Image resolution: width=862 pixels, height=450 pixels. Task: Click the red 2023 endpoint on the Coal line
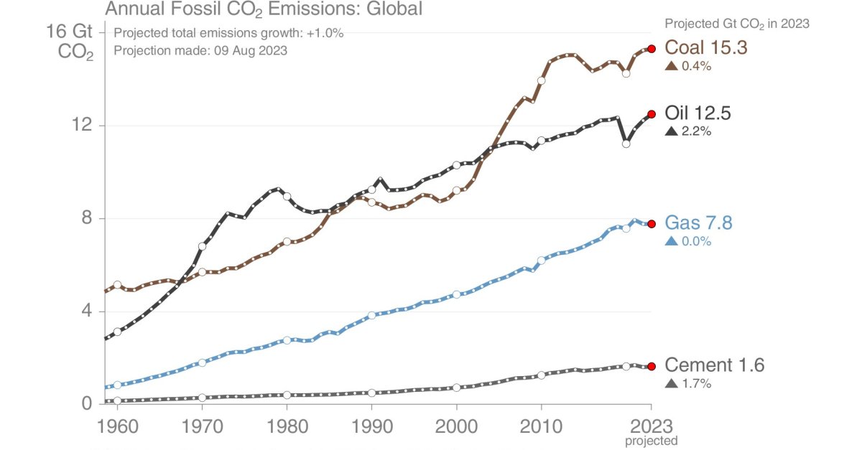click(652, 49)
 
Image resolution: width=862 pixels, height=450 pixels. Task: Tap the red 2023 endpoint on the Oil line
click(652, 114)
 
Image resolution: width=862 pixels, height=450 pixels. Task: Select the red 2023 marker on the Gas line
click(652, 224)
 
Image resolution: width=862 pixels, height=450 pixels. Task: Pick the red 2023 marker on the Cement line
click(652, 366)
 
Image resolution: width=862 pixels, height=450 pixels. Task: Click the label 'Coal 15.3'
click(706, 47)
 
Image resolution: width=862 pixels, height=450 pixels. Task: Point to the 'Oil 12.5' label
click(698, 113)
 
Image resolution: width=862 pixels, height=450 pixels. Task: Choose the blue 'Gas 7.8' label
click(699, 223)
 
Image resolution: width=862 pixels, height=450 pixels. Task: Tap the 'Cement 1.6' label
click(715, 365)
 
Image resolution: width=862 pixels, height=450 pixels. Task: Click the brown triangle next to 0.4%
click(672, 66)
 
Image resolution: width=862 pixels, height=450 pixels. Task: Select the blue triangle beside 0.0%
click(672, 242)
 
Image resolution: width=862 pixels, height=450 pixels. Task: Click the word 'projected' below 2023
click(651, 441)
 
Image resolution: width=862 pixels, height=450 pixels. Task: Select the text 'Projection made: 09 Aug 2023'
click(200, 51)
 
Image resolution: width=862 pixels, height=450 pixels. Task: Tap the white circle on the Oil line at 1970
click(202, 246)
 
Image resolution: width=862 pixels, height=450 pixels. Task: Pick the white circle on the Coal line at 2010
click(541, 81)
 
